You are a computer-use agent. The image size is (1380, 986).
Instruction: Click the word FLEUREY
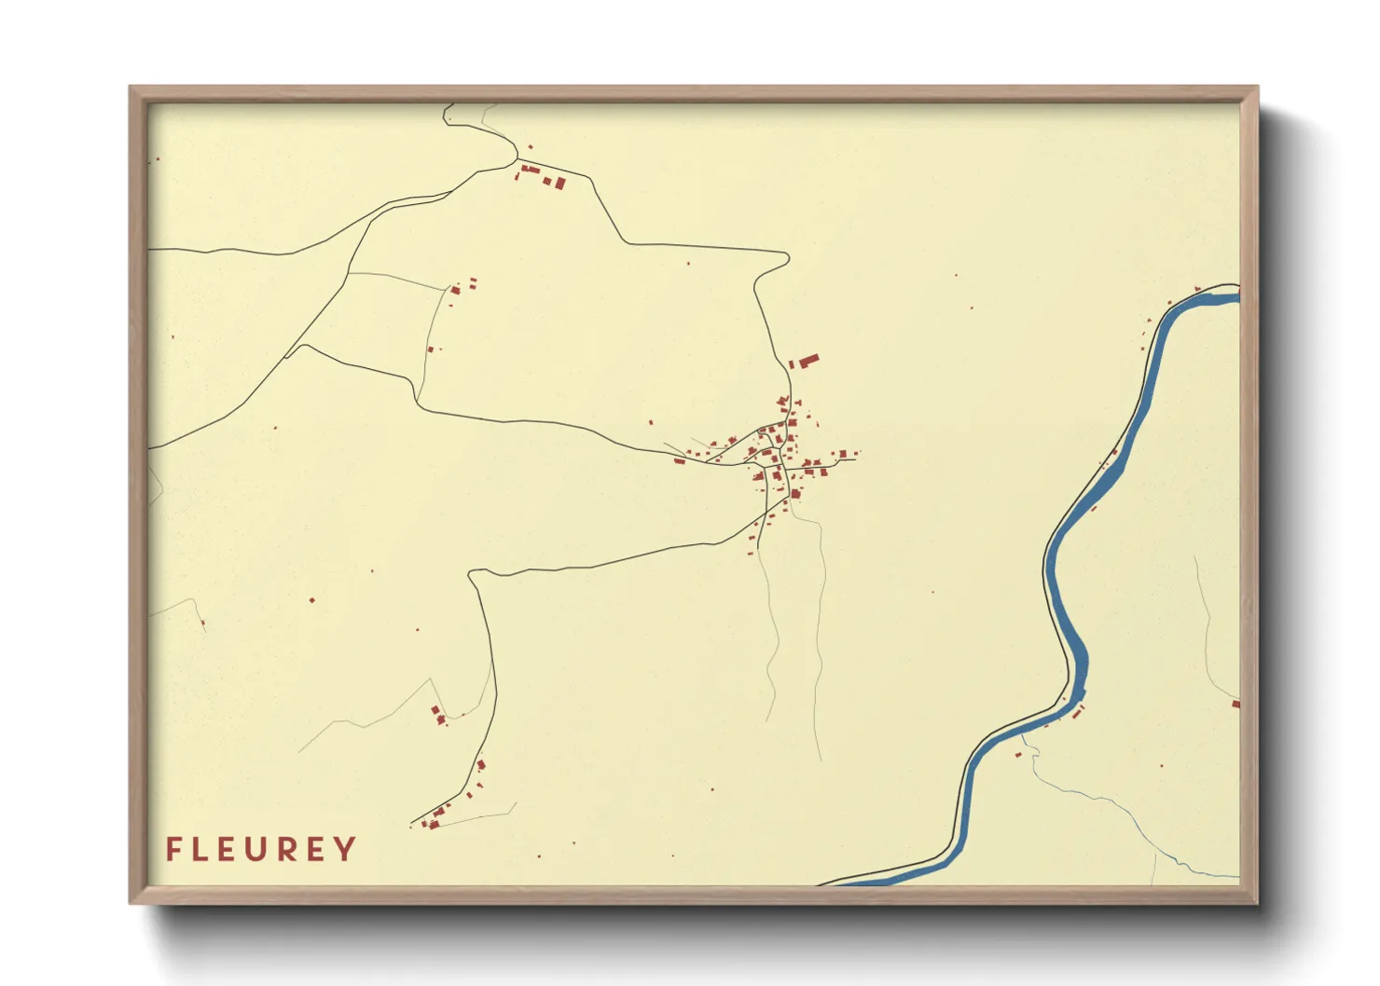(x=261, y=849)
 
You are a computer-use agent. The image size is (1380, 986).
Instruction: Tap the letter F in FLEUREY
(x=173, y=849)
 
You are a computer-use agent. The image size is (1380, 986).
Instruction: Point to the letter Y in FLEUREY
(x=346, y=849)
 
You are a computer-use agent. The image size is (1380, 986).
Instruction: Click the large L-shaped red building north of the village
(x=807, y=359)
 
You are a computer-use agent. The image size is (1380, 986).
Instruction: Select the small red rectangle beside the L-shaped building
(x=792, y=364)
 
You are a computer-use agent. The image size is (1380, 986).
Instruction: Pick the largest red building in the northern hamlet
(x=560, y=183)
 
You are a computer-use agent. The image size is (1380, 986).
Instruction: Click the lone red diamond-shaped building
(x=312, y=600)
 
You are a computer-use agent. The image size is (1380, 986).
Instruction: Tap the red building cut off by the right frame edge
(x=1235, y=705)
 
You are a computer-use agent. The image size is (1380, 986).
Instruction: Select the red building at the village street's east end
(x=844, y=455)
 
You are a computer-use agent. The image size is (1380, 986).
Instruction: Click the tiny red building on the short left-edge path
(x=202, y=623)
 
